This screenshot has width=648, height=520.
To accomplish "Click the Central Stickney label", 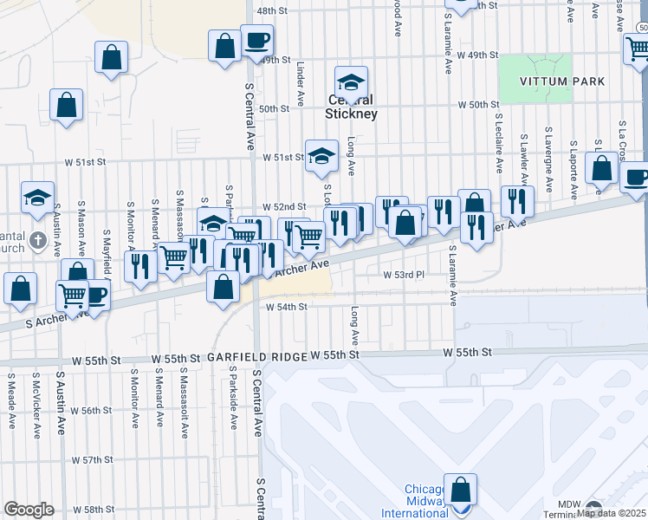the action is point(350,107).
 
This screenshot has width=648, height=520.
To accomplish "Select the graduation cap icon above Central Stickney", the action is point(351,82).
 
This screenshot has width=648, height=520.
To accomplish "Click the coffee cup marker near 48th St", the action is point(256,40).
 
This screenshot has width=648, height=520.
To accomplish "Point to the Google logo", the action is point(29,510).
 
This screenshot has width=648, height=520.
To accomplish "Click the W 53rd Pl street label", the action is point(405,274).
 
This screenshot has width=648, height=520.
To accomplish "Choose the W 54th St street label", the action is point(286,307).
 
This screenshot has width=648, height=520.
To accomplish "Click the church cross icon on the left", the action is point(36,238).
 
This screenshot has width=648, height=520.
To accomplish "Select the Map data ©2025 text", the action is point(612,513).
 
